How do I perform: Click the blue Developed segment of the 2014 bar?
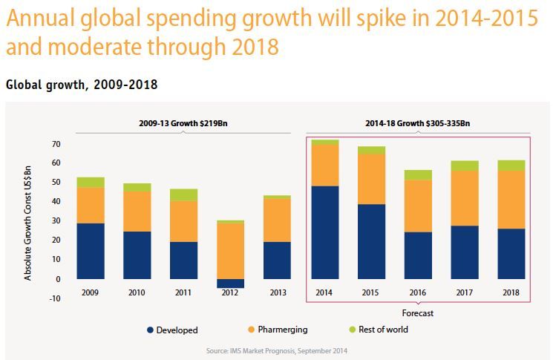click(325, 232)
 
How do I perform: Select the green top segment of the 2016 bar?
click(418, 174)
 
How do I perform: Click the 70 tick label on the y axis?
click(56, 143)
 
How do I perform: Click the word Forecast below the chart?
click(418, 313)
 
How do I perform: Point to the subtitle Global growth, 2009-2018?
click(81, 85)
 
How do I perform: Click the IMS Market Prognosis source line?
click(278, 349)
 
